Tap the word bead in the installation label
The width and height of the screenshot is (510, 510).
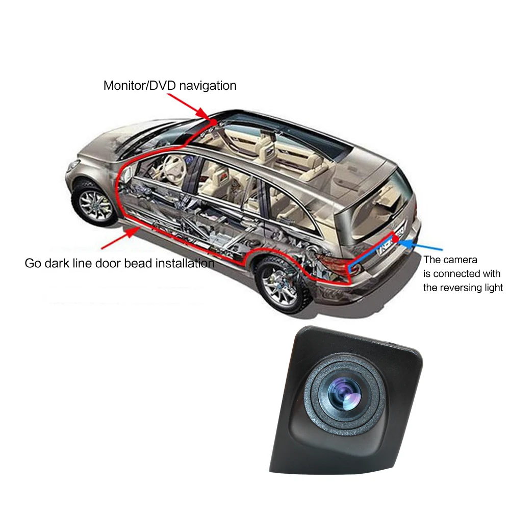pyautogui.click(x=144, y=263)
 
